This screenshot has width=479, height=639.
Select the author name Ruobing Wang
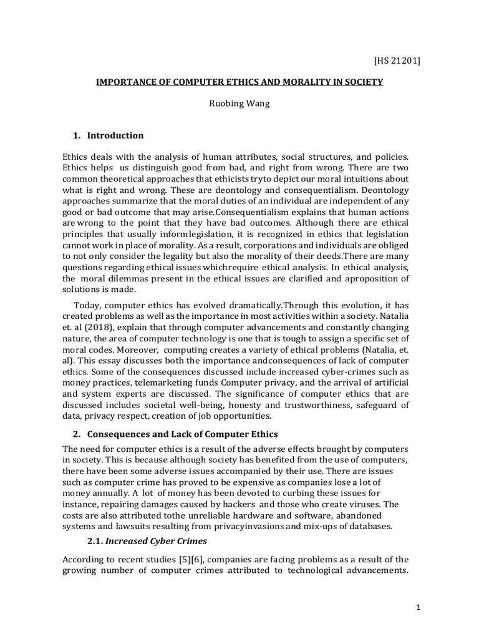[x=239, y=105]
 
